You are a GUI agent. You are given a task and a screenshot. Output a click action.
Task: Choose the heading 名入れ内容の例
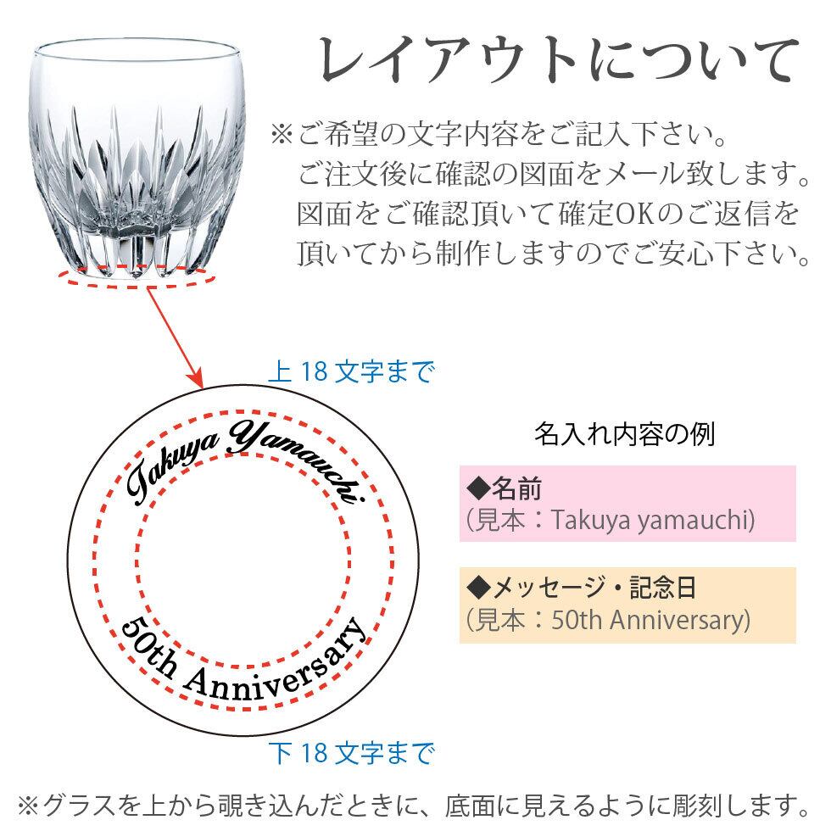(624, 434)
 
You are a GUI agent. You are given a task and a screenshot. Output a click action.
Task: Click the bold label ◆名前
(505, 489)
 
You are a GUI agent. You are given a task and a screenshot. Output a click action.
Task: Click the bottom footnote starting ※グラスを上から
(415, 801)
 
